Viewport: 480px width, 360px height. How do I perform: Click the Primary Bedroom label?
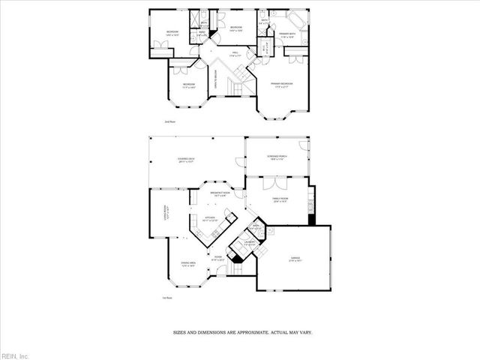pos(282,83)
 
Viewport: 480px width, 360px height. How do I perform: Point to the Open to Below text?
pos(216,77)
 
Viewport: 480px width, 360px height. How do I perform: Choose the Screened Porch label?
pos(277,157)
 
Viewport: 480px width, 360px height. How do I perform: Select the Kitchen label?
pos(211,219)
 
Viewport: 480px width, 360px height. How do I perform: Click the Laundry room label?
pos(249,242)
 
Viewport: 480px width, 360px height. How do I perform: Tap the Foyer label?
pos(218,258)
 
